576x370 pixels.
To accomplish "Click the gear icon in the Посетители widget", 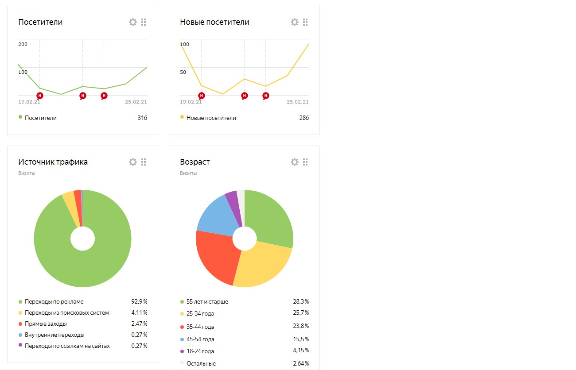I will click(x=132, y=22).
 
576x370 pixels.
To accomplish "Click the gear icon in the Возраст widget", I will click(x=294, y=162).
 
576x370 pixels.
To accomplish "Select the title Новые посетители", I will click(x=214, y=22).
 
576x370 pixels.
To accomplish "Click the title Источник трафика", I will click(x=53, y=162).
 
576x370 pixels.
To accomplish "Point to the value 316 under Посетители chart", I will click(x=142, y=118).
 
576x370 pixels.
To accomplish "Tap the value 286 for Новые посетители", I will click(x=304, y=118).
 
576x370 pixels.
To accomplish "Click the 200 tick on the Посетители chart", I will click(x=23, y=44).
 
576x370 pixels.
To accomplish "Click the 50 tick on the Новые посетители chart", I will click(x=183, y=72).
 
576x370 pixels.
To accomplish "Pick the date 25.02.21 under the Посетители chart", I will click(x=136, y=102).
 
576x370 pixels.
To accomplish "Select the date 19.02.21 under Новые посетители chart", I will click(x=191, y=102).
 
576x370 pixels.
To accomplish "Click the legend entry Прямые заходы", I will click(x=46, y=324).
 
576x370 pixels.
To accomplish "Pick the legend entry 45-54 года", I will click(x=200, y=339).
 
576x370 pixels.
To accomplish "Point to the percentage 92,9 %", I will click(x=139, y=301).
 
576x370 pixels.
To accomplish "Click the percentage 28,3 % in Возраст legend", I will click(x=301, y=301).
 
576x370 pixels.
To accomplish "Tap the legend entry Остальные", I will click(x=201, y=364).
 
